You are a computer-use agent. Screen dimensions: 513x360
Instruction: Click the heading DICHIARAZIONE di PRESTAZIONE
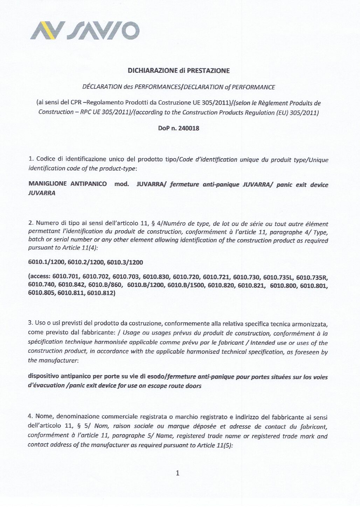[179, 71]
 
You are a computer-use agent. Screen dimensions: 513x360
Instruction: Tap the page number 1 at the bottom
[178, 473]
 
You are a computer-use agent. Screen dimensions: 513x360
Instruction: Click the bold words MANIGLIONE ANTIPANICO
[68, 184]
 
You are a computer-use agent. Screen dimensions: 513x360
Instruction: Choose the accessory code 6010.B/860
[105, 286]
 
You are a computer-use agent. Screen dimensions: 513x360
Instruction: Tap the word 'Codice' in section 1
[45, 159]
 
